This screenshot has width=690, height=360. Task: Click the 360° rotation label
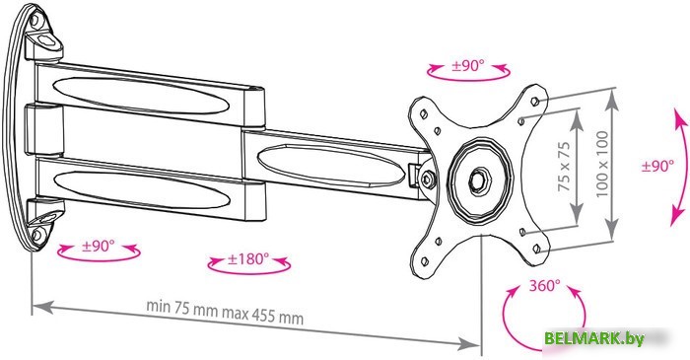click(x=545, y=285)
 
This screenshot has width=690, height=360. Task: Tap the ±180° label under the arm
click(x=248, y=258)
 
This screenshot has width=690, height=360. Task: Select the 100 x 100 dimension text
click(x=602, y=164)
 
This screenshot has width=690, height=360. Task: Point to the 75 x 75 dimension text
click(x=564, y=167)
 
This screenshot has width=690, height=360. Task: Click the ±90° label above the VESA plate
click(x=468, y=66)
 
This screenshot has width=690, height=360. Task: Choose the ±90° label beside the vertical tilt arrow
click(x=657, y=166)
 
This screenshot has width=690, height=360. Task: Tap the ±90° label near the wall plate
click(x=99, y=246)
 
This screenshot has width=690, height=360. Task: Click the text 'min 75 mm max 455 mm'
click(x=225, y=311)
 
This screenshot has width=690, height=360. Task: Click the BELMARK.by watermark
click(x=594, y=338)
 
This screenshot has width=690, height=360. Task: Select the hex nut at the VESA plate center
click(x=477, y=180)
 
